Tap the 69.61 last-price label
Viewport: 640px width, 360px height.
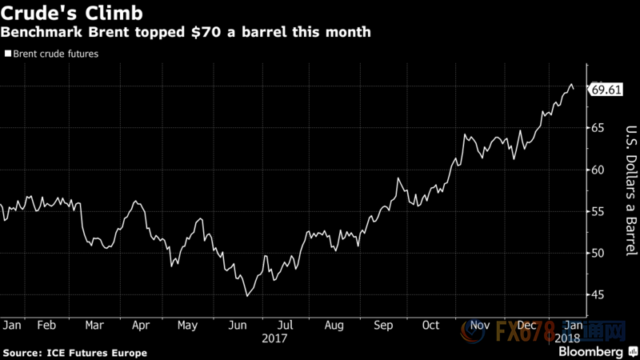pyautogui.click(x=606, y=90)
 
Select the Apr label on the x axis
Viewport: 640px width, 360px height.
pyautogui.click(x=142, y=326)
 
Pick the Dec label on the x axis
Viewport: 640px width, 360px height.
pyautogui.click(x=527, y=326)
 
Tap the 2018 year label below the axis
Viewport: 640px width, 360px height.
pyautogui.click(x=570, y=338)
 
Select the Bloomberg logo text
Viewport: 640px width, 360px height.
pyautogui.click(x=591, y=352)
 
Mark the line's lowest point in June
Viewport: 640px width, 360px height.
pyautogui.click(x=247, y=296)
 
